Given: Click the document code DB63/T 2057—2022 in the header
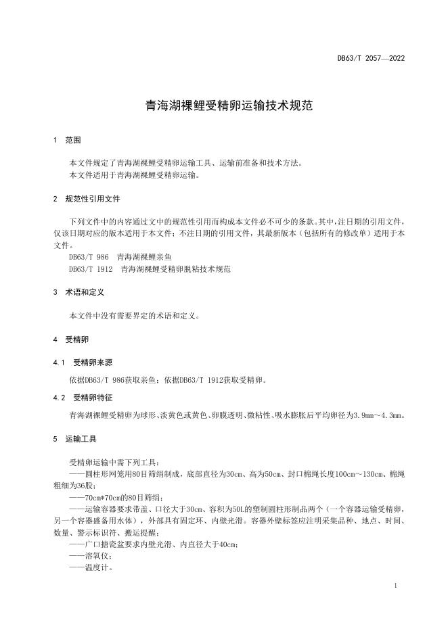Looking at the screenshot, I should tap(371, 59).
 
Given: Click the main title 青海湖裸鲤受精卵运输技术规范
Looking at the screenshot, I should tap(224, 106).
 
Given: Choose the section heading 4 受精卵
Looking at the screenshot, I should tap(70, 339).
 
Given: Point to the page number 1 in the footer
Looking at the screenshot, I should tap(395, 586).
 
